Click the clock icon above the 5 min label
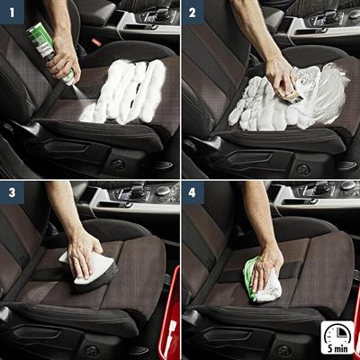[337, 330]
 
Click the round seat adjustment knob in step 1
[116, 165]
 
